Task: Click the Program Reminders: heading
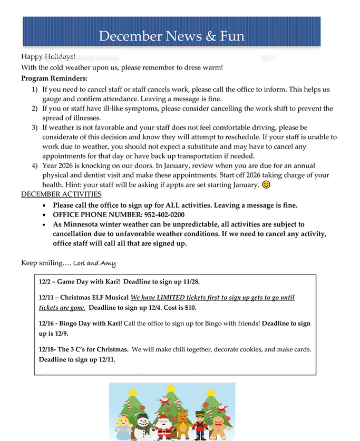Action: pos(47,79)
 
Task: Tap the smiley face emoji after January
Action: pos(267,185)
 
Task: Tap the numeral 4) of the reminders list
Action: pos(34,166)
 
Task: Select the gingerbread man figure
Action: pos(220,425)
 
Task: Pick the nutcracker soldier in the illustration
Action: pos(200,424)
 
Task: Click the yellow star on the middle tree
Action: pos(171,389)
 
